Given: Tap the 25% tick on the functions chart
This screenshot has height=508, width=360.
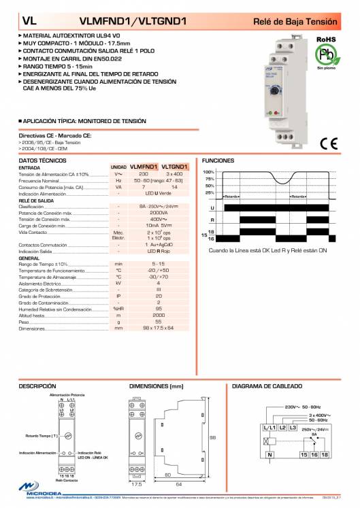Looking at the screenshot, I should (x=210, y=192).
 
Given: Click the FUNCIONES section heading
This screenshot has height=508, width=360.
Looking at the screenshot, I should (x=218, y=161).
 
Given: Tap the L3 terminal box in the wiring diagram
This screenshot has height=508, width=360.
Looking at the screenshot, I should (x=293, y=427).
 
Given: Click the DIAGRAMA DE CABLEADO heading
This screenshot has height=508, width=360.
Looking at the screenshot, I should (x=266, y=386).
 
